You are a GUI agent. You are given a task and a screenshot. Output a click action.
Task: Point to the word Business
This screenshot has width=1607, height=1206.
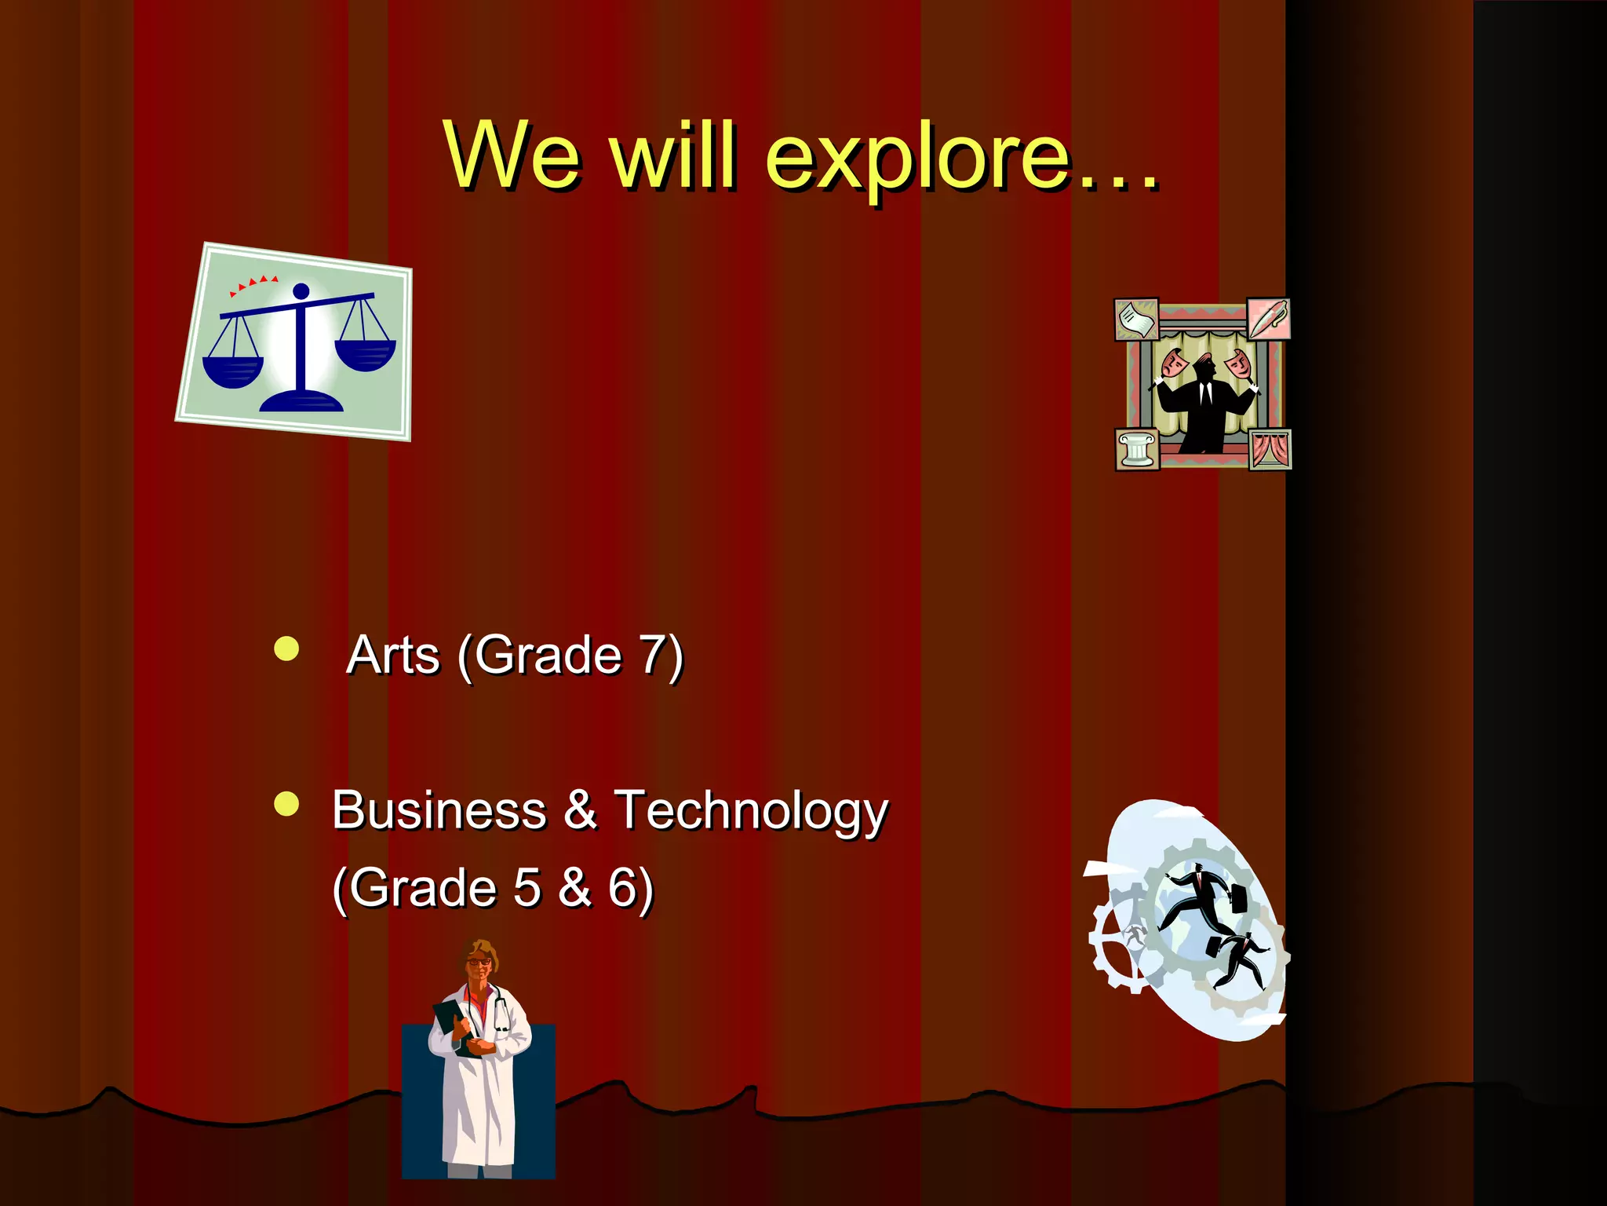click(x=439, y=810)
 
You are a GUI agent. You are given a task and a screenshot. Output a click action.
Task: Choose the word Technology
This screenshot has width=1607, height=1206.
click(x=751, y=812)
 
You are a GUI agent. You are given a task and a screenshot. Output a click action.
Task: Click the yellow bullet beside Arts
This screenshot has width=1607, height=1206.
click(x=287, y=649)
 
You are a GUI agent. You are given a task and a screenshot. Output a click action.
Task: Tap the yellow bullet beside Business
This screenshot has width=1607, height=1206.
click(x=287, y=804)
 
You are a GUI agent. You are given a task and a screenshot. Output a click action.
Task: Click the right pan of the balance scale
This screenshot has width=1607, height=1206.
click(x=365, y=353)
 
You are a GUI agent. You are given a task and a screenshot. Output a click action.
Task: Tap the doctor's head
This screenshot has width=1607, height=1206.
click(x=479, y=961)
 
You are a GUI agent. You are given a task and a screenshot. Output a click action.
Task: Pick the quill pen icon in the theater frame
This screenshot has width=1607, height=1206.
click(x=1268, y=318)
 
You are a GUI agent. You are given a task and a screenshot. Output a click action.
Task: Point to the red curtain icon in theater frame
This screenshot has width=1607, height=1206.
click(x=1270, y=450)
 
